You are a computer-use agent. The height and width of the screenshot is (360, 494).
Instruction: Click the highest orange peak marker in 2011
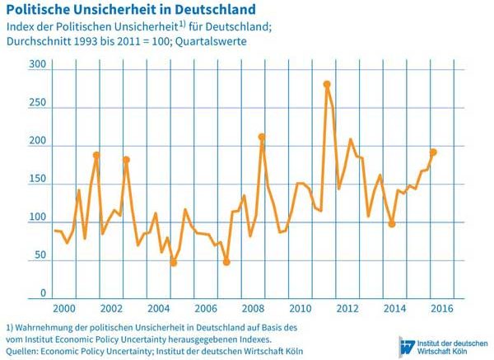327,84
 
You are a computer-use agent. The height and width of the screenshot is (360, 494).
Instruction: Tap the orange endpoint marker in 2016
433,152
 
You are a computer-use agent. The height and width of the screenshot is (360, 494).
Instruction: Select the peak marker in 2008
262,137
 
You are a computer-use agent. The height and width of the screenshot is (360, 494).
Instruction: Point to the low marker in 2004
174,263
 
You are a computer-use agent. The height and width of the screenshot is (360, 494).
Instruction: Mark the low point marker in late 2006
226,262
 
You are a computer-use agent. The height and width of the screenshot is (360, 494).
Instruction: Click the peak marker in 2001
96,155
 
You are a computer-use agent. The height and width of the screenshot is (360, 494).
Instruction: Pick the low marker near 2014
392,224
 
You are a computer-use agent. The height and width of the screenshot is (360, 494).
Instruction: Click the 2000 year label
63,308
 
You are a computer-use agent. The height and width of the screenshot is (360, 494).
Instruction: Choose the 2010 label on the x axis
300,308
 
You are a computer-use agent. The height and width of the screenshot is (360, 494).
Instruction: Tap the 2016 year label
442,308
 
